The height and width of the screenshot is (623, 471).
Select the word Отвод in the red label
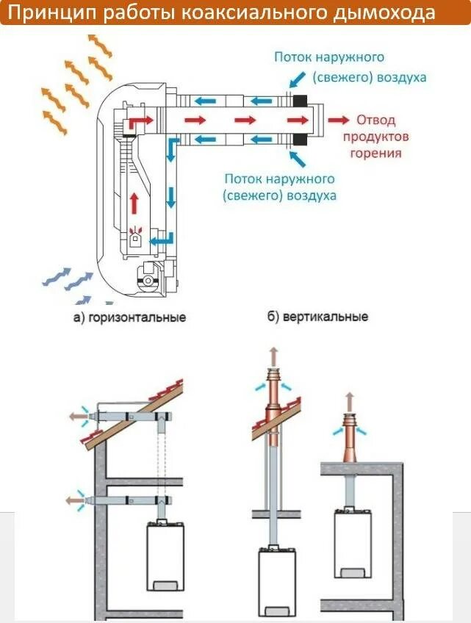pyautogui.click(x=376, y=120)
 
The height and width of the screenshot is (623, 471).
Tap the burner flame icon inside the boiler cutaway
pyautogui.click(x=136, y=237)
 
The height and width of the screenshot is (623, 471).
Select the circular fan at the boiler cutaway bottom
pyautogui.click(x=150, y=280)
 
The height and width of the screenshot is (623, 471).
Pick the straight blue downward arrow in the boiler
pyautogui.click(x=171, y=197)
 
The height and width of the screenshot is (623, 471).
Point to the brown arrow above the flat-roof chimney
pyautogui.click(x=349, y=401)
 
